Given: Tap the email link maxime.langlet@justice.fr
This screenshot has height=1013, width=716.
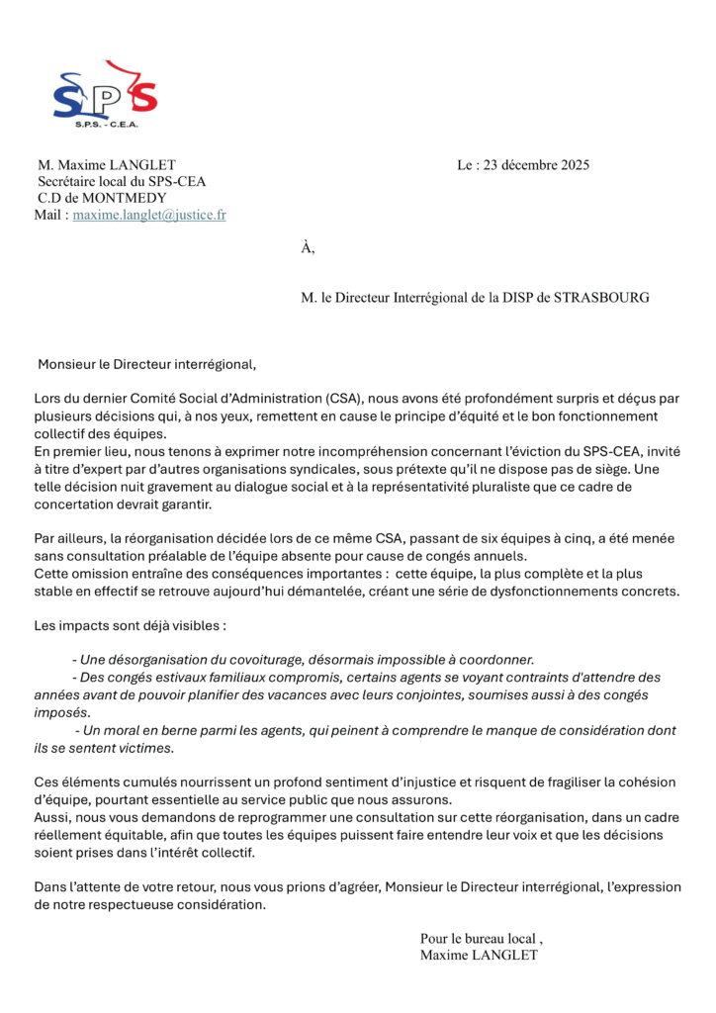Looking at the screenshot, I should pos(149,214).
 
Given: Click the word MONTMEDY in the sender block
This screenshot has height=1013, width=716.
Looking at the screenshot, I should pos(123,198).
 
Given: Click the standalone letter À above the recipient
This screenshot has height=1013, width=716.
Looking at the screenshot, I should pos(308,248).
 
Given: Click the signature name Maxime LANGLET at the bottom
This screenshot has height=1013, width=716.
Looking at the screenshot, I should pos(479,956).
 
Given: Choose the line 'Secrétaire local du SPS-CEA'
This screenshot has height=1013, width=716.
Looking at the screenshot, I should pos(122,182).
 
